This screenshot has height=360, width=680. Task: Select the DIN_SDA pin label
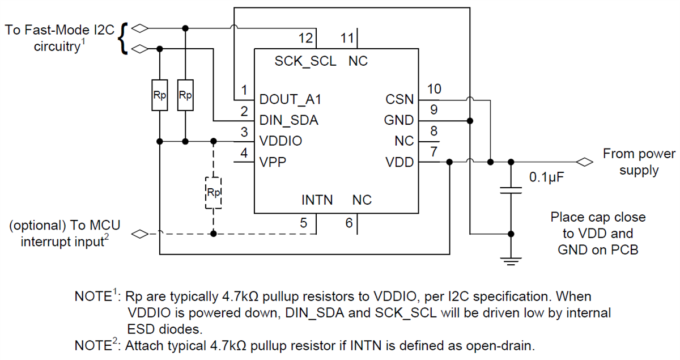(288, 120)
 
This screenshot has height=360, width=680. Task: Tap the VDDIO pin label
(280, 141)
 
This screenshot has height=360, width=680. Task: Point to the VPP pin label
(273, 162)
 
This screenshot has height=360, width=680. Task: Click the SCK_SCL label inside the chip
(305, 61)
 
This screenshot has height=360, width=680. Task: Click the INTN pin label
(317, 200)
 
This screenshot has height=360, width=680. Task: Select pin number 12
(305, 39)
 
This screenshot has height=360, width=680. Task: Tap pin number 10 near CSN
(434, 89)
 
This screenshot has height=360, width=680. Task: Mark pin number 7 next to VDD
(434, 152)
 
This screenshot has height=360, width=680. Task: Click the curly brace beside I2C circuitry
(124, 39)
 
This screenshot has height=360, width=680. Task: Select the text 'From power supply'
(639, 162)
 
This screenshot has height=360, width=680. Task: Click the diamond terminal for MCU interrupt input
(139, 233)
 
